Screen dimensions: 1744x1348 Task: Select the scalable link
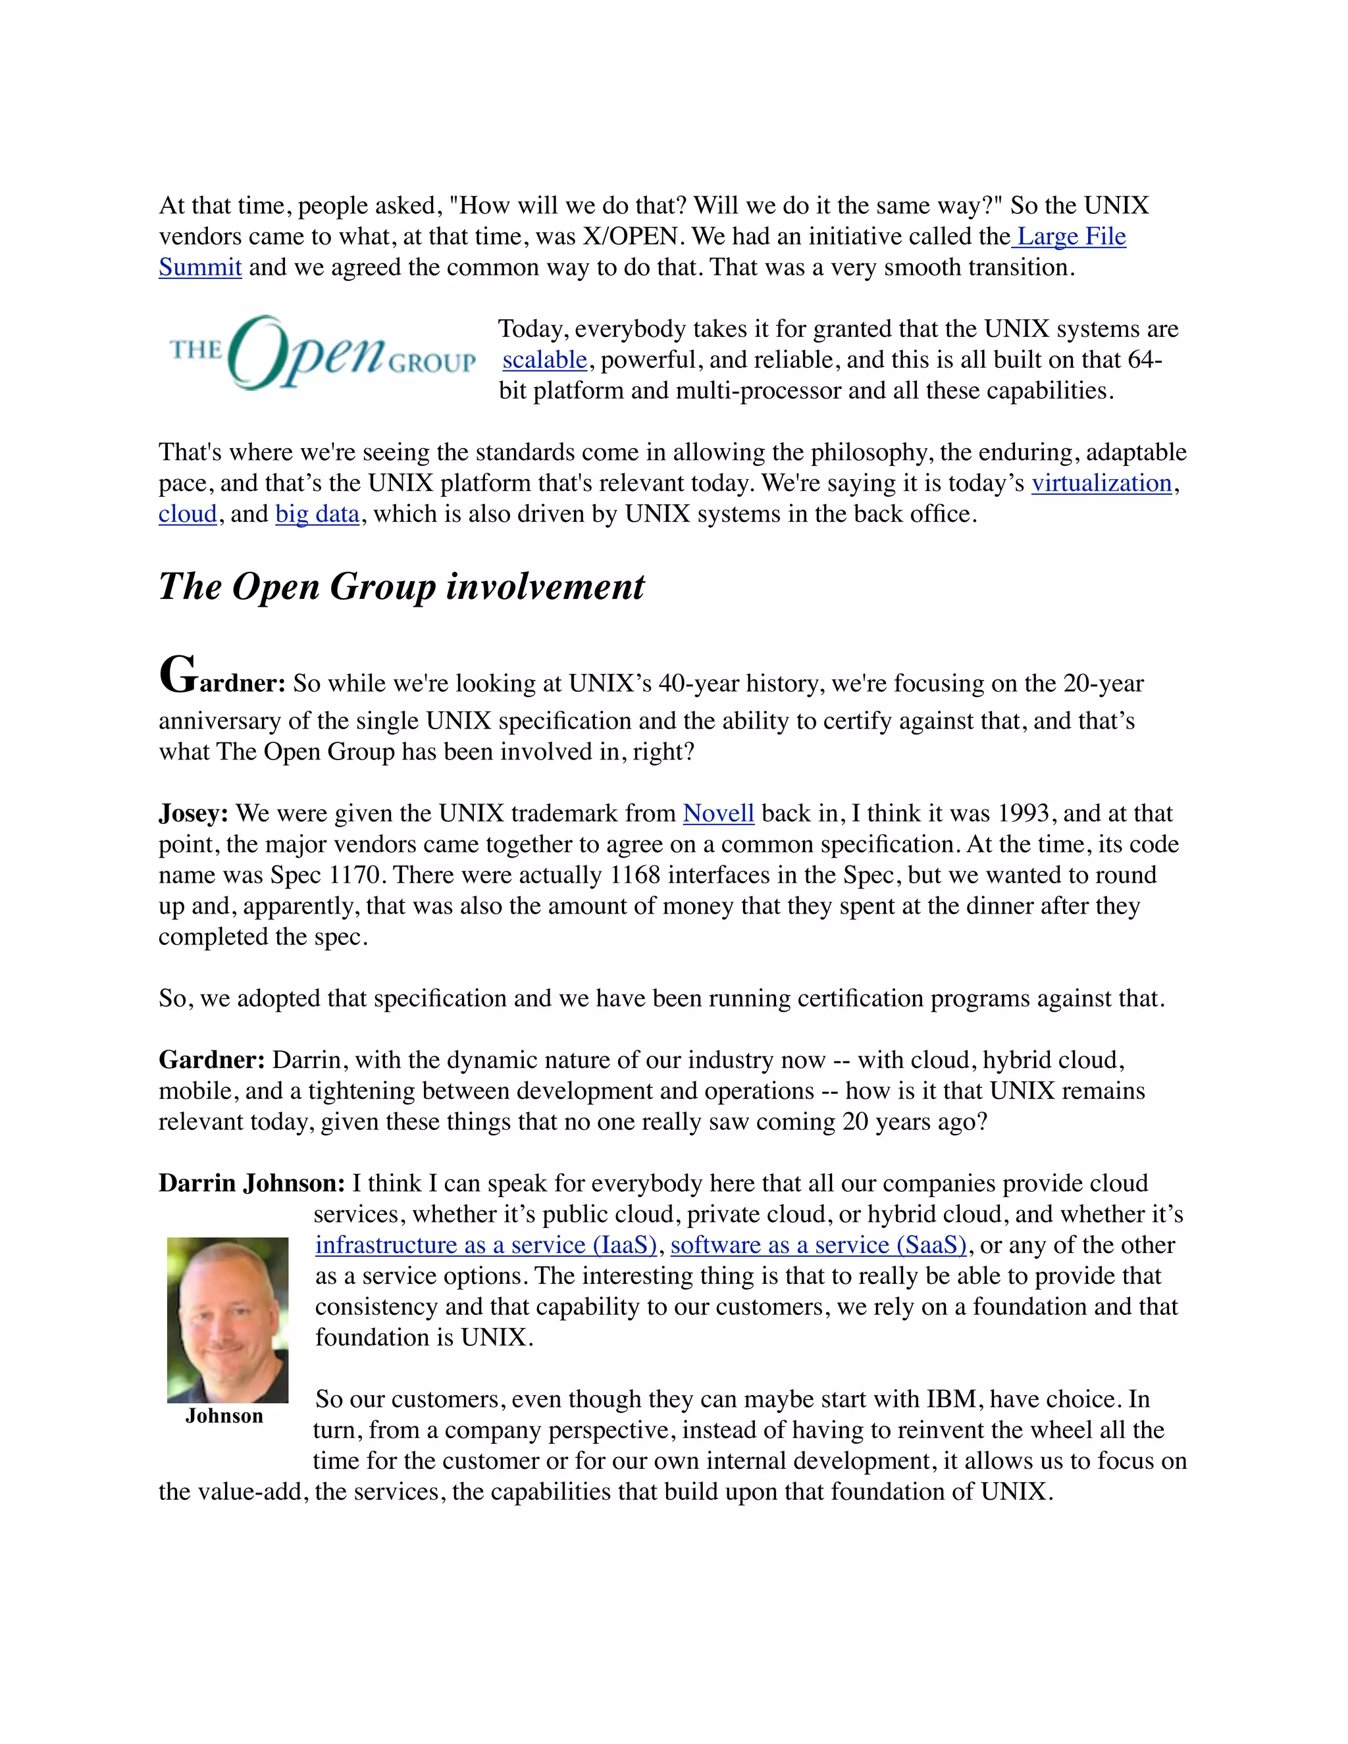(544, 360)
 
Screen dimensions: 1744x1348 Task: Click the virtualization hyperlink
(1101, 483)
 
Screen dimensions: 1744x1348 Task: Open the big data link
(317, 514)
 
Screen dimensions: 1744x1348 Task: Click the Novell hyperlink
(718, 813)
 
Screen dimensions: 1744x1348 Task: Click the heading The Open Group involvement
(401, 587)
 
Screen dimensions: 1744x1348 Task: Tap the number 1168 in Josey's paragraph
(635, 875)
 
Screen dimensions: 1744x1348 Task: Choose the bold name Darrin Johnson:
(251, 1183)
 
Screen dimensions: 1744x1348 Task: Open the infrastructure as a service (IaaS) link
(486, 1246)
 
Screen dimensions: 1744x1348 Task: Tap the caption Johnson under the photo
(224, 1416)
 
